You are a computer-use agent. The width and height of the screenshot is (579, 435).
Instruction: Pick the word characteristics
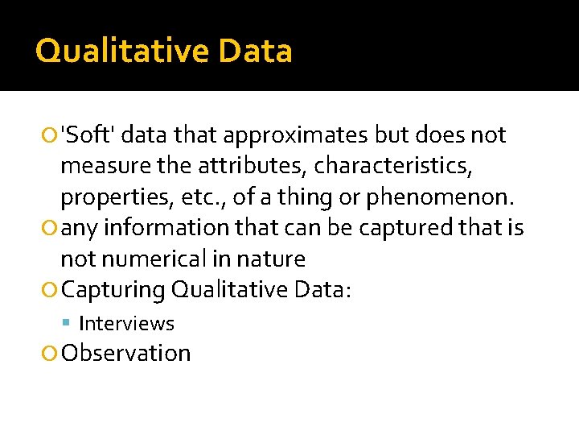coord(392,166)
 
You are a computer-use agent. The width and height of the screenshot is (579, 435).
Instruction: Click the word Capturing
coord(113,289)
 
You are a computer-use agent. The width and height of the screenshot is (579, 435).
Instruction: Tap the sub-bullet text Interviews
coord(126,324)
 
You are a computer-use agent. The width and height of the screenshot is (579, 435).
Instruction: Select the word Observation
coord(126,353)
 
